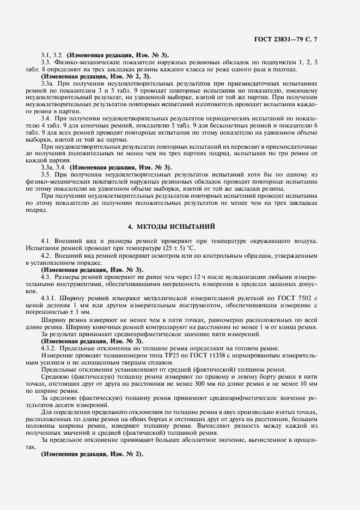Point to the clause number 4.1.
coord(47,240)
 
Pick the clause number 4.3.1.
coord(50,297)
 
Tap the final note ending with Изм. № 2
coord(91,454)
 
